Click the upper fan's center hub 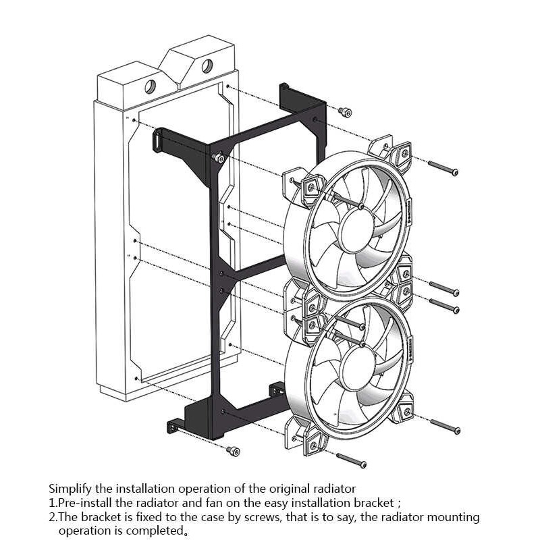358,230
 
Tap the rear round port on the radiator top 207,66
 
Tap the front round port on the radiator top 150,87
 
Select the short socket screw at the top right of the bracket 345,112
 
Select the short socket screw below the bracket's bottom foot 233,451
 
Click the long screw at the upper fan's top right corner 443,168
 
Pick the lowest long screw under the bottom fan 351,461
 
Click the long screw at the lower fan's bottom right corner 445,427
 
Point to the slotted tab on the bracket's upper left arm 158,140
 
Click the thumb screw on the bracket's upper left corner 218,158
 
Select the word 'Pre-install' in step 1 85,503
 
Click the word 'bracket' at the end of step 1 374,503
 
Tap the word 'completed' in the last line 157,531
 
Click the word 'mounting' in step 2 453,518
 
